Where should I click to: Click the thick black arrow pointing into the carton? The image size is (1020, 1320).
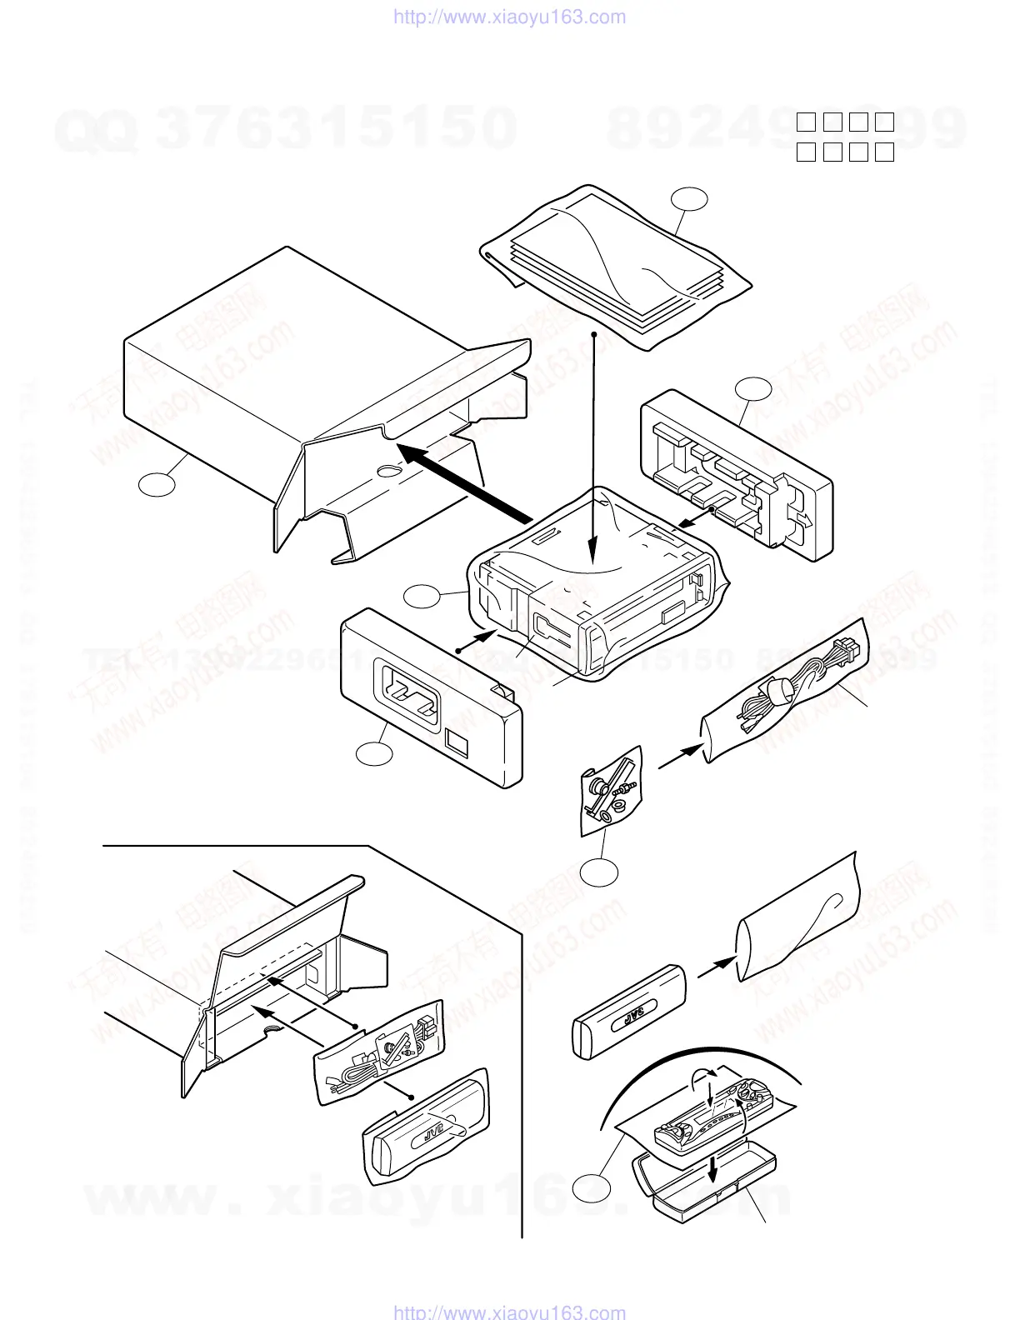point(467,483)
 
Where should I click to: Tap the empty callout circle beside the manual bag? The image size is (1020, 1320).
point(690,199)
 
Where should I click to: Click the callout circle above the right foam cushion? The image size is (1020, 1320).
point(753,388)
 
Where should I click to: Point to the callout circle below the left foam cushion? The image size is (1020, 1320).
point(374,753)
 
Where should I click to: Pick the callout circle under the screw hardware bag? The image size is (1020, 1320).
point(600,872)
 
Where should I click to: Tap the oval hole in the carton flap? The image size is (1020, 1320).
point(387,472)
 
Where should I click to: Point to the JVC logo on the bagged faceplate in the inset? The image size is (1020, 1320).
point(433,1133)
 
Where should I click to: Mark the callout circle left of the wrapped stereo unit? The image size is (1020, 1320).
point(422,597)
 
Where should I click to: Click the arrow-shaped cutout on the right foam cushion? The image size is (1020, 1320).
point(804,517)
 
